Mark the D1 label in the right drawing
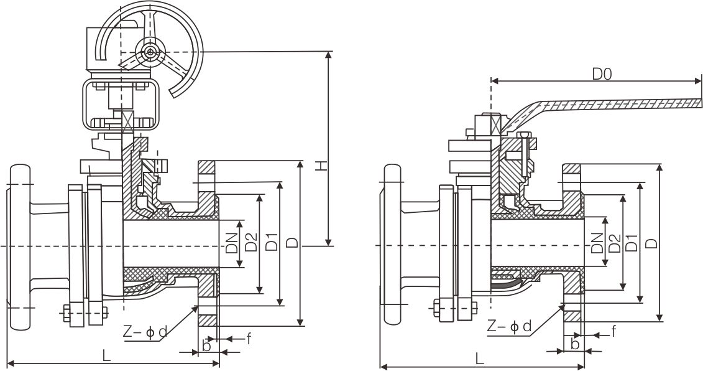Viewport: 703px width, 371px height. (x=632, y=243)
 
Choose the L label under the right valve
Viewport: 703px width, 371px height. (x=479, y=358)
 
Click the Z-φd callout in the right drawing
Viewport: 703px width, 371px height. (x=510, y=326)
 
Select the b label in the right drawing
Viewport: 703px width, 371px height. (x=575, y=344)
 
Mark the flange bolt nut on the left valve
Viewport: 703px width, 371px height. (x=67, y=312)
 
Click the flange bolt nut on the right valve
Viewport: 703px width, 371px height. (x=436, y=307)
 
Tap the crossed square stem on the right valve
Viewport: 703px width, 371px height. (x=495, y=124)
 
